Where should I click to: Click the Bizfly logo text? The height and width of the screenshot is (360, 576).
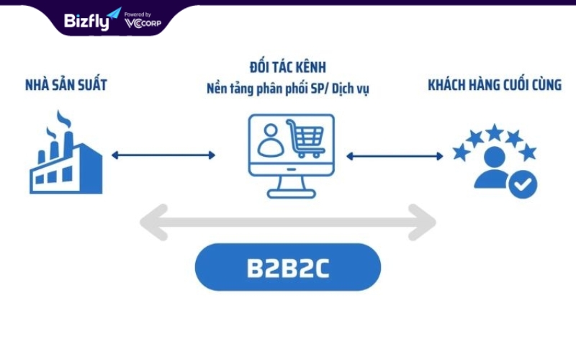coord(86,22)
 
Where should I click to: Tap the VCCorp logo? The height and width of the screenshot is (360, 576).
coord(143,23)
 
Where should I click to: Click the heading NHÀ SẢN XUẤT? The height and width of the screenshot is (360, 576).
coord(66,84)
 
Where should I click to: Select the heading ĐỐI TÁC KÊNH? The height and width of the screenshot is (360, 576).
coord(287,67)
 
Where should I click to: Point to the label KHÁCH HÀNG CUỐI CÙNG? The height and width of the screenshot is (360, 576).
coord(495,84)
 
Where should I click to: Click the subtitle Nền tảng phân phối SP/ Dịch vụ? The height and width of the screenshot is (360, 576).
coord(287,89)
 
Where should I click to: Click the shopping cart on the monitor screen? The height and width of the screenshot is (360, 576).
coord(305,138)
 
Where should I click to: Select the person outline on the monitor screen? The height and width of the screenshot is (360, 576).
coord(271,140)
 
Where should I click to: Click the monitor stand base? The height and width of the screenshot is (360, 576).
coord(291,194)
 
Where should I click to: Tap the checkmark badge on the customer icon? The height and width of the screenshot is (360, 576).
coord(523,184)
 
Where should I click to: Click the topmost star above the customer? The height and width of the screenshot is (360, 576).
coord(495,132)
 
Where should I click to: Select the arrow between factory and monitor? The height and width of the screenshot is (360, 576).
coord(163,155)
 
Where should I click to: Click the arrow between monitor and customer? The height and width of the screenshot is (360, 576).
coord(395,156)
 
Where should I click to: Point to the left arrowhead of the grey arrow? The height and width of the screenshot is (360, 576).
coord(154,222)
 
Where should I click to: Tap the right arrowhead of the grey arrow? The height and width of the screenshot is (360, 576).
coord(422,222)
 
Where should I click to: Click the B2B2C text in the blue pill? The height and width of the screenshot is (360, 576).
coord(288,268)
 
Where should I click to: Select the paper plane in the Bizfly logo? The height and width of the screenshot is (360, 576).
coord(114,14)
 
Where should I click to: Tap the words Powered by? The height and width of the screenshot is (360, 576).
coord(138,14)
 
